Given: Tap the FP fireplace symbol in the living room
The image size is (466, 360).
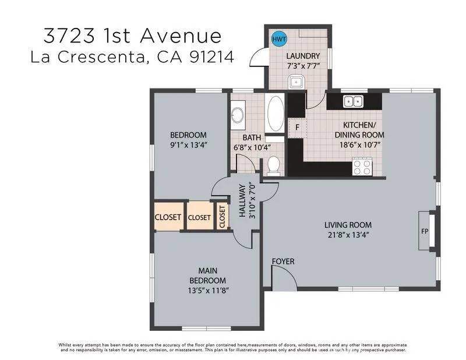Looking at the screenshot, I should [425, 230].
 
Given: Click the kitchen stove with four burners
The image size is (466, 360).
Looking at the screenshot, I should [362, 168].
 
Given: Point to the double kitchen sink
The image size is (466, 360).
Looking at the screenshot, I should [352, 102].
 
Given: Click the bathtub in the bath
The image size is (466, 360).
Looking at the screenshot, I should [276, 113].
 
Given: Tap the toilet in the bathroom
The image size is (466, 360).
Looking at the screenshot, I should [274, 165].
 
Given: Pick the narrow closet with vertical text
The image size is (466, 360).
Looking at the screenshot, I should [222, 216].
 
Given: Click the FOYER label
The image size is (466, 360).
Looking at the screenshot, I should [283, 262].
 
